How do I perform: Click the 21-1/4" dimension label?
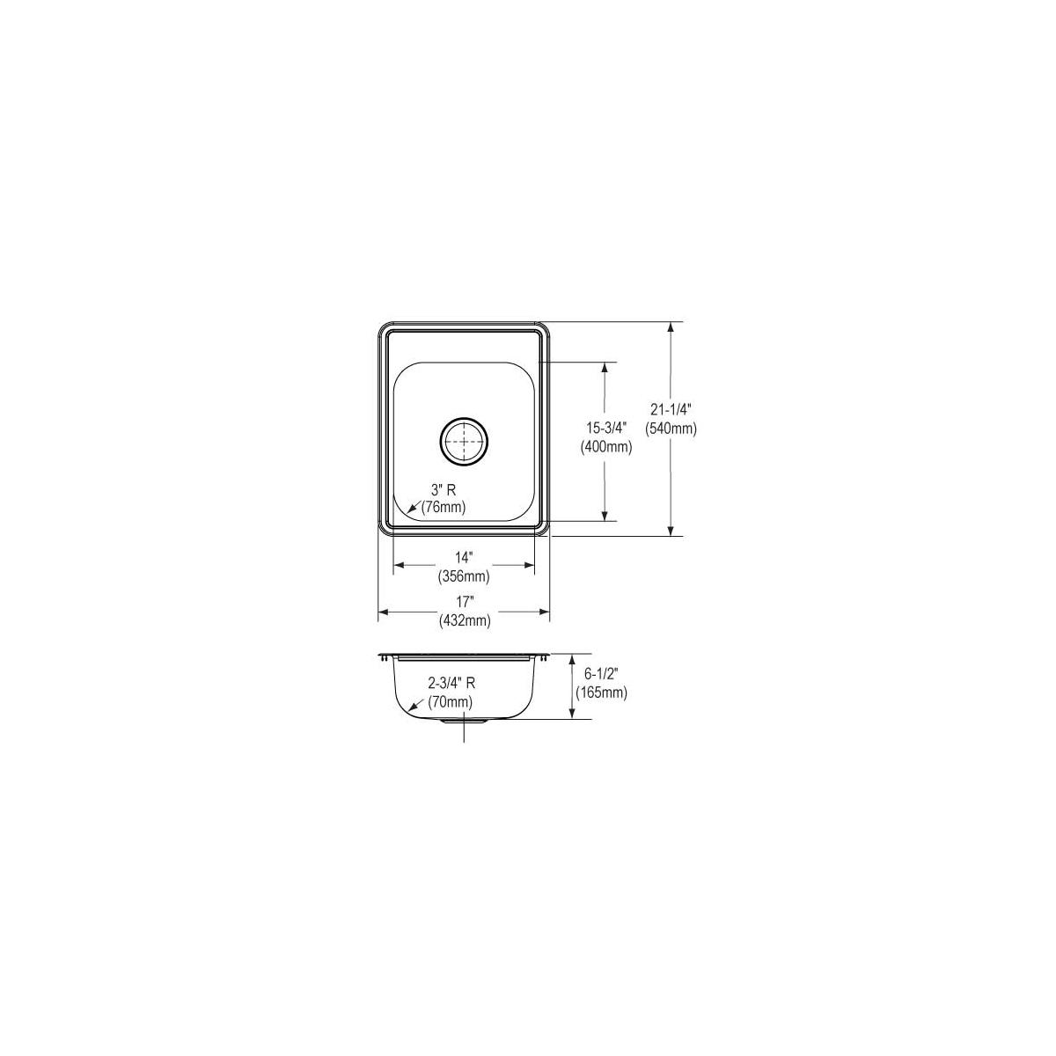pos(671,408)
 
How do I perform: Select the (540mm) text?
pos(671,429)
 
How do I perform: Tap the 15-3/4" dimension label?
pos(606,427)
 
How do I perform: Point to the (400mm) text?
pos(606,447)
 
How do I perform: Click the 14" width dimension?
pos(464,557)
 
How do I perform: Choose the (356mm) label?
pos(464,576)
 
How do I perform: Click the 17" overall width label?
pos(464,602)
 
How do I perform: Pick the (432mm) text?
pos(464,621)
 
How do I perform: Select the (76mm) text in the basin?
pos(444,508)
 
